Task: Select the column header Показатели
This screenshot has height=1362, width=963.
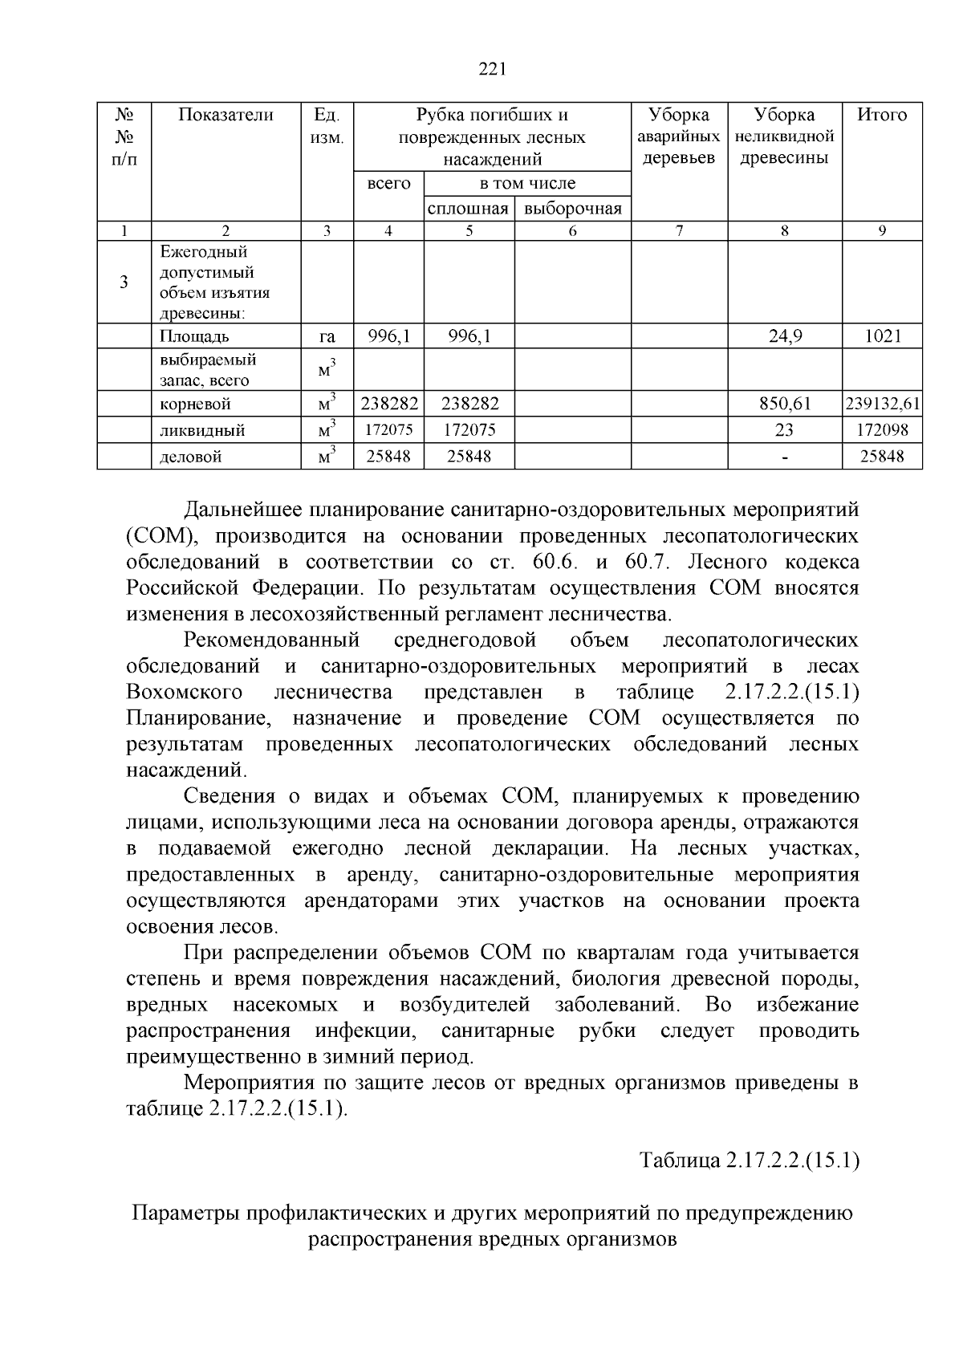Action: (x=226, y=115)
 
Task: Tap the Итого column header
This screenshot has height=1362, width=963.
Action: (x=881, y=115)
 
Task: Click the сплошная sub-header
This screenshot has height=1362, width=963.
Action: (x=469, y=209)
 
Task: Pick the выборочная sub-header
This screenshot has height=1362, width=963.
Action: (x=572, y=209)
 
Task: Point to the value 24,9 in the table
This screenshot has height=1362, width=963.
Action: (x=784, y=336)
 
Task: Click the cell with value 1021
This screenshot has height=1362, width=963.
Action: (x=882, y=336)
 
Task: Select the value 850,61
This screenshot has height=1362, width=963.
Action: (x=784, y=404)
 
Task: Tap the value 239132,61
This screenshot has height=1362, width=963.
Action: (x=882, y=404)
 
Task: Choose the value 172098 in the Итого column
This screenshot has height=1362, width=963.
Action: (x=882, y=430)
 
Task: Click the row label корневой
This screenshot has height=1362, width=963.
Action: (x=196, y=404)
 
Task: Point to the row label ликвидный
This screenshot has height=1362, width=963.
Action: (x=202, y=431)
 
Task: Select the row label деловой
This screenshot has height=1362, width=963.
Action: (x=191, y=457)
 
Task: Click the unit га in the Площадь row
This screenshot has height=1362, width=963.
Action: (x=327, y=337)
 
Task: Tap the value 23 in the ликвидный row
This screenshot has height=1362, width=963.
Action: (x=784, y=430)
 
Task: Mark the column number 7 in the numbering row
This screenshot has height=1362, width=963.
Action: (x=679, y=231)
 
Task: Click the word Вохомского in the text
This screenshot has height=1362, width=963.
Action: (x=185, y=692)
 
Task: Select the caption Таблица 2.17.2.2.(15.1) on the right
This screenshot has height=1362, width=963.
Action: (x=749, y=1161)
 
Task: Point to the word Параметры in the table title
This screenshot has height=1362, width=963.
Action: (x=185, y=1213)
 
